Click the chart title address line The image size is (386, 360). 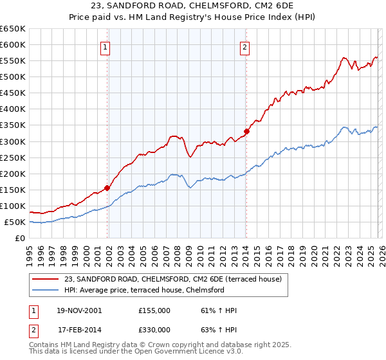(x=192, y=6)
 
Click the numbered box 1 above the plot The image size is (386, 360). (x=105, y=46)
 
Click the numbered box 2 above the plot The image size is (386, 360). (x=245, y=46)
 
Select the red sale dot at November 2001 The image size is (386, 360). (x=107, y=188)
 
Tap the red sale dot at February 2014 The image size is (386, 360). (x=246, y=131)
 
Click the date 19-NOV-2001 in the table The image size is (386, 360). (x=79, y=310)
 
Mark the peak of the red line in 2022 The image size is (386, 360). (x=344, y=57)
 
